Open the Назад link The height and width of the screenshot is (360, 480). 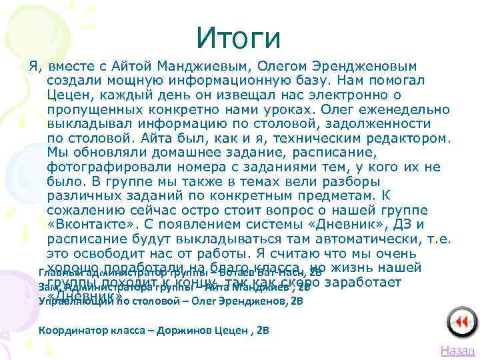(457, 351)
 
